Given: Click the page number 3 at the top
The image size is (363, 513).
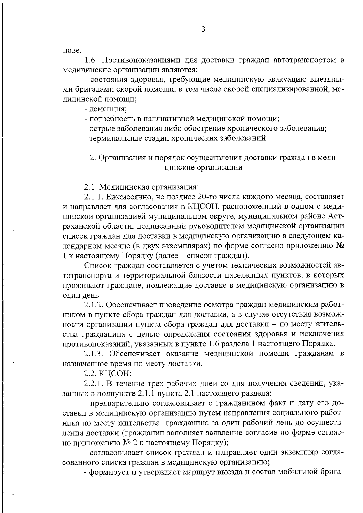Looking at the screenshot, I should pyautogui.click(x=203, y=29).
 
